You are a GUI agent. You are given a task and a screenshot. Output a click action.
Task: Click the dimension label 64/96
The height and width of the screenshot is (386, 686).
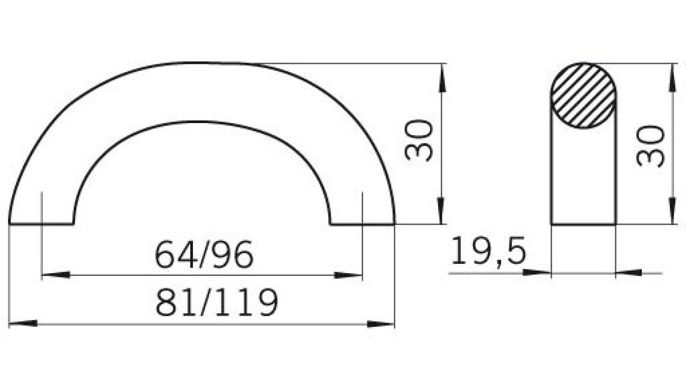click(204, 255)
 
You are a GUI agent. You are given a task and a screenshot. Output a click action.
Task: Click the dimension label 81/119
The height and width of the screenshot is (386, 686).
click(217, 302)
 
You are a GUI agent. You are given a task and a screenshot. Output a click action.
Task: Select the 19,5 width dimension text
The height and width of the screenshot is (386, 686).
click(488, 251)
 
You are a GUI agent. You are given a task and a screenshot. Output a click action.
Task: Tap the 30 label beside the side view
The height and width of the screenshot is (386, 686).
click(650, 146)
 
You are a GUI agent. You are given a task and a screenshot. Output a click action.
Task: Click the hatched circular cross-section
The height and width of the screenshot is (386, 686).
click(584, 95)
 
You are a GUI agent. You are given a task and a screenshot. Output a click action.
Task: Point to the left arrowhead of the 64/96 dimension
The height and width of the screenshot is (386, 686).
click(56, 275)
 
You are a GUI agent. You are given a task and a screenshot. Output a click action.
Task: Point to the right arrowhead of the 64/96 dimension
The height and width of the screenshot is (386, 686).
click(348, 275)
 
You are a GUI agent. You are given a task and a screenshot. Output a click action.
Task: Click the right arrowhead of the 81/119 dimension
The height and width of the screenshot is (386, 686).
click(381, 324)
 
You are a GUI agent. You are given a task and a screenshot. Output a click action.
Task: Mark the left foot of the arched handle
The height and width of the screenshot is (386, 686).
click(41, 223)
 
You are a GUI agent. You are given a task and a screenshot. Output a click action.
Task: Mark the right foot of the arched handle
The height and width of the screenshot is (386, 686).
click(363, 223)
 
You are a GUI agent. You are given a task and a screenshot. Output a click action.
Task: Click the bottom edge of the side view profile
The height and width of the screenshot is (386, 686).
click(584, 224)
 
